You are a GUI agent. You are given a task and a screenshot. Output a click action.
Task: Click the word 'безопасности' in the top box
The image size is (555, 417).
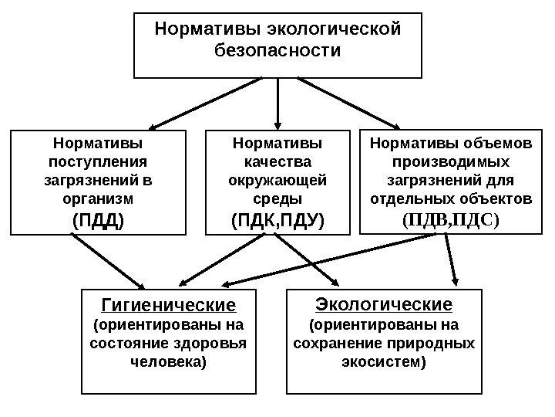(x=277, y=53)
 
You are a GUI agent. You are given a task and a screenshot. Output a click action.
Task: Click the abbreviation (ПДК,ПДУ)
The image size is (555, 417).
(x=277, y=222)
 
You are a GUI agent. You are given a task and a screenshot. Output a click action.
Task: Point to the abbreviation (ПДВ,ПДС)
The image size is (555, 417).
(x=451, y=219)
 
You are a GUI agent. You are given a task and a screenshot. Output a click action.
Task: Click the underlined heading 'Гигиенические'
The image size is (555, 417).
(x=169, y=301)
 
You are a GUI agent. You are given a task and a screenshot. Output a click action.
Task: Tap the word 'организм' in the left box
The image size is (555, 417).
(x=97, y=199)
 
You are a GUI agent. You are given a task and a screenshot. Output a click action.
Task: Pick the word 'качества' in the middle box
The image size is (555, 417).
(x=277, y=161)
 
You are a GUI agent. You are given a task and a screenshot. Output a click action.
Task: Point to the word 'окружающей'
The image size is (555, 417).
(x=277, y=181)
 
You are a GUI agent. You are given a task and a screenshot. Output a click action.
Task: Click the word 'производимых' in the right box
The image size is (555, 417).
(x=451, y=161)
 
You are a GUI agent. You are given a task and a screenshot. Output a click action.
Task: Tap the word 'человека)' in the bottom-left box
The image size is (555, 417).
(x=169, y=361)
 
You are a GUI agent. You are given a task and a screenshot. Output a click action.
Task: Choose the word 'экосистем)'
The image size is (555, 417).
(x=384, y=361)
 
